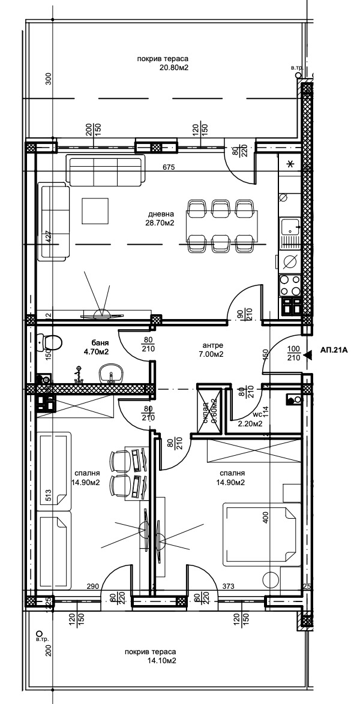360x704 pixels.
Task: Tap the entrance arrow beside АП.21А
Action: point(308,355)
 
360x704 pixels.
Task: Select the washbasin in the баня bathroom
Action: point(109,374)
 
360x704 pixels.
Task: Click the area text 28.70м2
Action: point(161,223)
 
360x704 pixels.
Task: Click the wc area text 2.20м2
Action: point(251,423)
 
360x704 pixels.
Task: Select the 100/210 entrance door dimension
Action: point(294,354)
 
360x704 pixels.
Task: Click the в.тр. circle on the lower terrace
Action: point(40,633)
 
